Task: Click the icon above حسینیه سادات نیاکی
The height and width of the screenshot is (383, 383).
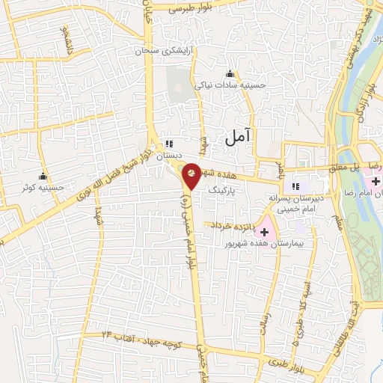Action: (x=230, y=73)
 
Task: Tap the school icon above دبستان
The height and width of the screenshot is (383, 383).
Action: (x=169, y=143)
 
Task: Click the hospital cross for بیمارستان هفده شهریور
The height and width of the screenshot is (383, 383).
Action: (x=264, y=232)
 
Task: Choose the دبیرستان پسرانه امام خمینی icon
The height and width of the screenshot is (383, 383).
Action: (x=295, y=186)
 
